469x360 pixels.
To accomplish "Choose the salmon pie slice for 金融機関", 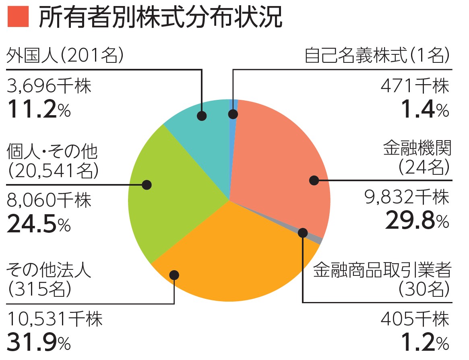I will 282,161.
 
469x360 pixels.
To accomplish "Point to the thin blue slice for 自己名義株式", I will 233,107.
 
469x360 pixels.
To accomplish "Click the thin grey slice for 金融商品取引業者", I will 318,240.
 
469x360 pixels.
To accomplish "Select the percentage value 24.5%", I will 39,225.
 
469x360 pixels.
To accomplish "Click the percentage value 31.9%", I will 39,343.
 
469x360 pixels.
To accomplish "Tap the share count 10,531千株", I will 55,320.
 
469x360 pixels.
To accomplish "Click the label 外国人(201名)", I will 65,56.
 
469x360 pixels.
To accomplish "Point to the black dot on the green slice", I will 147,185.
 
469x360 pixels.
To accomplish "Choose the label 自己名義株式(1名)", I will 377,56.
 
